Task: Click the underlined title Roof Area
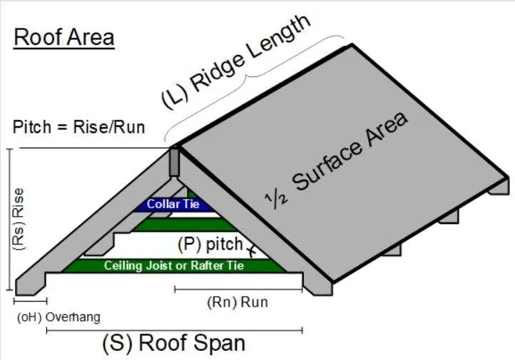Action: pos(63,37)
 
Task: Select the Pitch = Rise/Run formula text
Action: pos(79,128)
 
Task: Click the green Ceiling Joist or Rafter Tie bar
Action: pos(174,266)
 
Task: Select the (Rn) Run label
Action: pos(238,302)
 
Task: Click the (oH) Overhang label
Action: pos(58,317)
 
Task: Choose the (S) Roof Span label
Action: pos(173,343)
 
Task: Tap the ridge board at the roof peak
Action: pos(173,163)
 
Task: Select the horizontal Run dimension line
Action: pos(238,289)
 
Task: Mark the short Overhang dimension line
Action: pos(31,303)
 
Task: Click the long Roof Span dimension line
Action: pos(173,330)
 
